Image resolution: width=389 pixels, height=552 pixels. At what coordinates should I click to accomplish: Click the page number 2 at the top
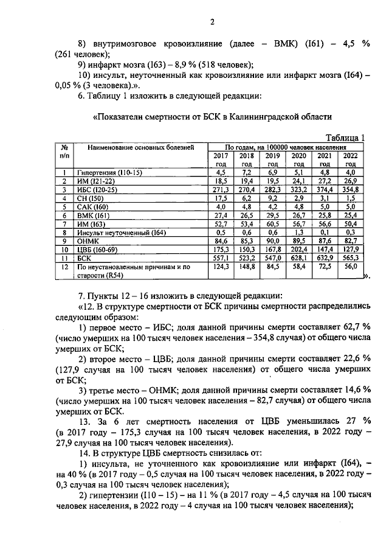coord(212,23)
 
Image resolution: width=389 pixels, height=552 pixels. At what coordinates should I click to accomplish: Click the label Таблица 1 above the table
coord(344,138)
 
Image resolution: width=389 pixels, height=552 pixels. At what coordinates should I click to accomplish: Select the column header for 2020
coord(298,159)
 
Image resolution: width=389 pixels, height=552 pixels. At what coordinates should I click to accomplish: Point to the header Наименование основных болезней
coord(140,147)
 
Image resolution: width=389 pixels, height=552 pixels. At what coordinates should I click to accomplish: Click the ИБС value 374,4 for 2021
coord(325,190)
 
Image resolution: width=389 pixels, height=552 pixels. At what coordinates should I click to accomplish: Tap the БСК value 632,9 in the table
coord(325,257)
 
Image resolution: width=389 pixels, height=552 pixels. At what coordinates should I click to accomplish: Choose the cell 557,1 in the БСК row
coord(220,257)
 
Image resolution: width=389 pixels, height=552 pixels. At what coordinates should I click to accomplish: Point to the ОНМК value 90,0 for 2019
coord(272,240)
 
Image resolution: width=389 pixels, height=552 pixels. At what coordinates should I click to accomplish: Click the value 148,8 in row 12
coord(246,266)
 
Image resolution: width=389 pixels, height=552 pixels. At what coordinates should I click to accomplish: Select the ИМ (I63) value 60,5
coord(272,224)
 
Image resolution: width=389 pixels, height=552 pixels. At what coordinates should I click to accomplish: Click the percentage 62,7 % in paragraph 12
coord(358,327)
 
